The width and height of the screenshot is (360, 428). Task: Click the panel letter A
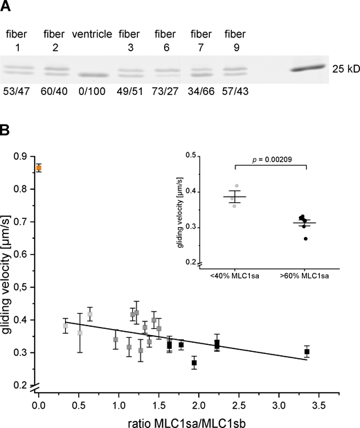[8, 9]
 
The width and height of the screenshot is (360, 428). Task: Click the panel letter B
[8, 127]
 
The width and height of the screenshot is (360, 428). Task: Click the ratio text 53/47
[15, 93]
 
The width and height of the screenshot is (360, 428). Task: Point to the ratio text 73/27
[165, 93]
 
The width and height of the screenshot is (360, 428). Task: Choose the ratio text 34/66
[201, 93]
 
